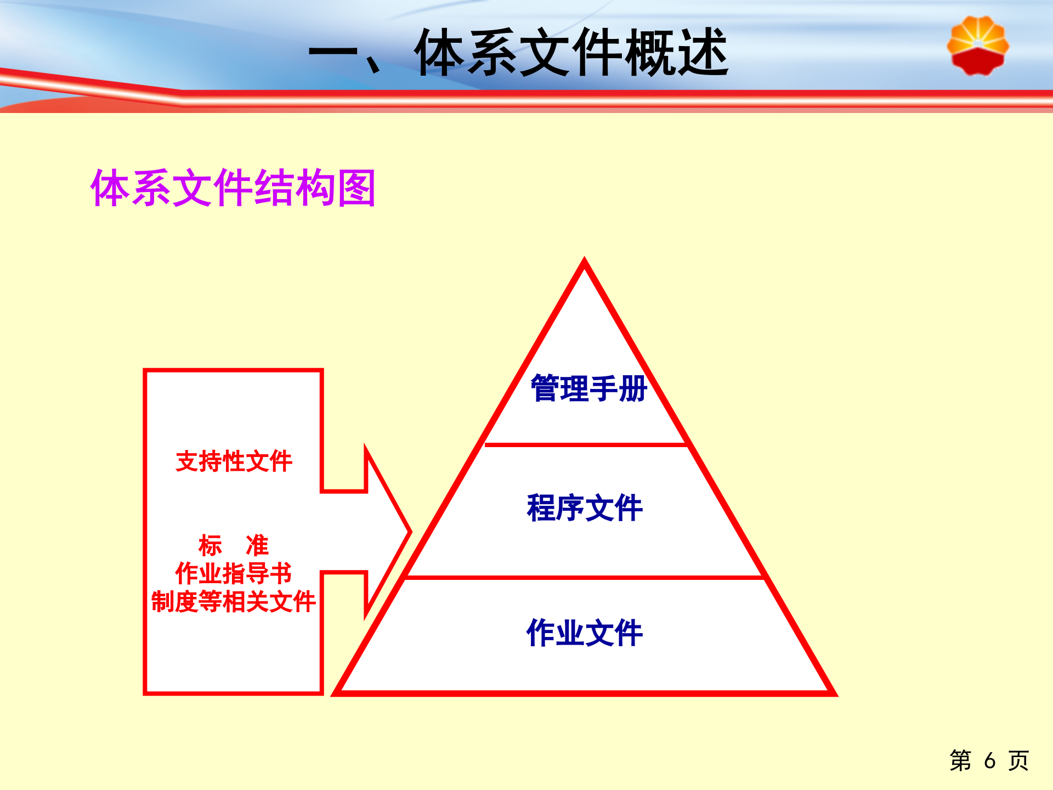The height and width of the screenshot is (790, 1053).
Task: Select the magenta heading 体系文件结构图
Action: pyautogui.click(x=233, y=188)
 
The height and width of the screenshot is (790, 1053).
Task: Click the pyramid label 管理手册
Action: pyautogui.click(x=588, y=388)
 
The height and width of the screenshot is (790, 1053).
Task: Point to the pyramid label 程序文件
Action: pyautogui.click(x=585, y=507)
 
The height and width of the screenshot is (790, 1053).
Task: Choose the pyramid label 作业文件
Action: pyautogui.click(x=585, y=633)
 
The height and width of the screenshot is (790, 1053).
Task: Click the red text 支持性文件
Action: pyautogui.click(x=234, y=461)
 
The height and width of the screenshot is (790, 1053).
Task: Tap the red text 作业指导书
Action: pyautogui.click(x=233, y=573)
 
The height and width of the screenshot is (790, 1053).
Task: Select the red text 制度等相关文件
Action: pyautogui.click(x=233, y=602)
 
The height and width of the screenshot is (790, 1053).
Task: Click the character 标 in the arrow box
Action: pyautogui.click(x=210, y=545)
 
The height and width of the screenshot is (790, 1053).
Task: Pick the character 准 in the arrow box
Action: pyautogui.click(x=257, y=545)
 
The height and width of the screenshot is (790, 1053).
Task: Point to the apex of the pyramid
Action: pyautogui.click(x=584, y=260)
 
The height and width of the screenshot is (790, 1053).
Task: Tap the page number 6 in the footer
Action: pyautogui.click(x=989, y=760)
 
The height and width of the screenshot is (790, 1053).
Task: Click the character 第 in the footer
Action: pyautogui.click(x=960, y=760)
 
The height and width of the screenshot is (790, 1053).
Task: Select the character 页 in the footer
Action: pyautogui.click(x=1018, y=760)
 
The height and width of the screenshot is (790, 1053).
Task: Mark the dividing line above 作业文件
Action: pyautogui.click(x=585, y=577)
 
